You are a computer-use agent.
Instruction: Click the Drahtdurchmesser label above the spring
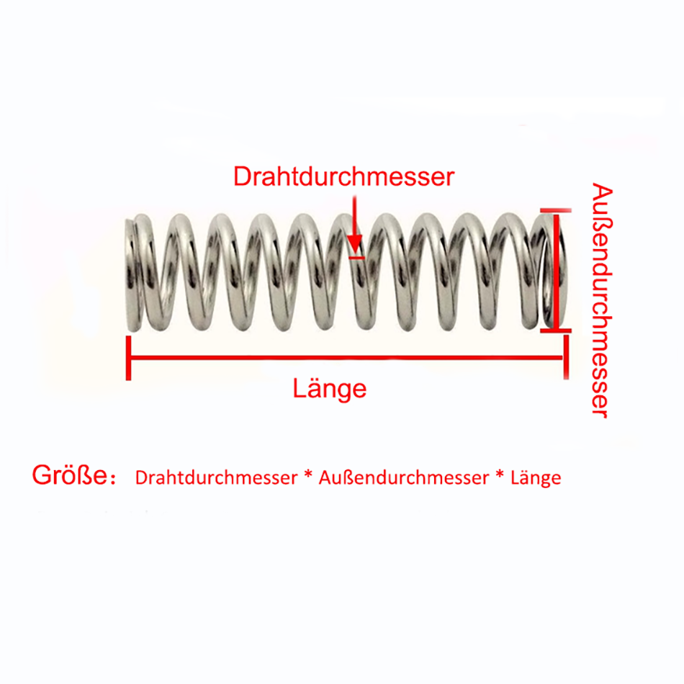tap(343, 176)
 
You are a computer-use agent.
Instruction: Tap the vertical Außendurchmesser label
tap(601, 300)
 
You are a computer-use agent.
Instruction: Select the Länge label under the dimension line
tap(330, 390)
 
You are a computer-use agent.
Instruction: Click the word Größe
tap(69, 476)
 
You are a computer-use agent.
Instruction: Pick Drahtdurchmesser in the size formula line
tap(216, 477)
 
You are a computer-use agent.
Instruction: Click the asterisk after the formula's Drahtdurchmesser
tap(308, 477)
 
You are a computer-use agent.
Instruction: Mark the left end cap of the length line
tap(129, 357)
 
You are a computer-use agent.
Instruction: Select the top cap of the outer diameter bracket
tap(555, 211)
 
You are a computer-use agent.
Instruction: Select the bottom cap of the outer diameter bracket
tap(555, 330)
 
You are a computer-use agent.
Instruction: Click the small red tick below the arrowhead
tap(356, 256)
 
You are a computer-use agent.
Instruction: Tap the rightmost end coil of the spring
tap(551, 272)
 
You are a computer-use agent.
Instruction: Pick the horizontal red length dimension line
tap(346, 357)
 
